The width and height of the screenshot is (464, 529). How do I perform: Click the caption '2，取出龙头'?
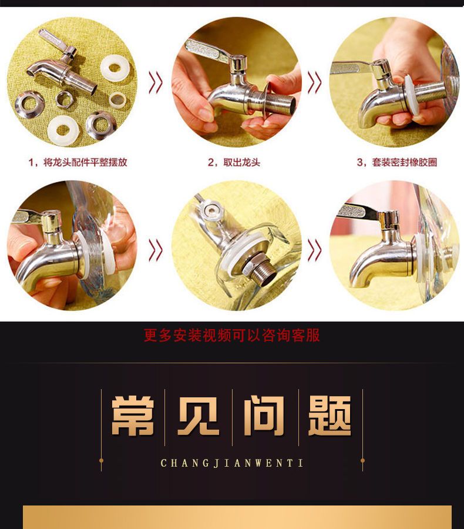point(234,162)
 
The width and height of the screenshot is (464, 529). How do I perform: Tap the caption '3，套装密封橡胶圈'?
point(397,162)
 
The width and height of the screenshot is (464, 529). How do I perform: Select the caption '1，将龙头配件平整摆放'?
point(78,162)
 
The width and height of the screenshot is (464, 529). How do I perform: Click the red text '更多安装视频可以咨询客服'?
point(231,336)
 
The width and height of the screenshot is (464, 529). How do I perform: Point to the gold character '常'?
point(133,416)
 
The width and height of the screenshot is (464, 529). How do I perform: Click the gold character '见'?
point(199,416)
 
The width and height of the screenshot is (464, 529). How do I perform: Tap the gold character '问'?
point(265,416)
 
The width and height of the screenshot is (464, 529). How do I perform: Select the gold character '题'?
point(330,416)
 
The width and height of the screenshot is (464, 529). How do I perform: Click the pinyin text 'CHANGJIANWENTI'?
point(231,463)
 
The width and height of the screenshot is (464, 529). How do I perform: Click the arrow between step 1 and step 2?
point(156,82)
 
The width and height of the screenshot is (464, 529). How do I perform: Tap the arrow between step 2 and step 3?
point(314,82)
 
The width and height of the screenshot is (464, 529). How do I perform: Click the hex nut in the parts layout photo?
point(65,99)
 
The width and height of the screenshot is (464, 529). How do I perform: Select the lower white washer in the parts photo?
point(63,131)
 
